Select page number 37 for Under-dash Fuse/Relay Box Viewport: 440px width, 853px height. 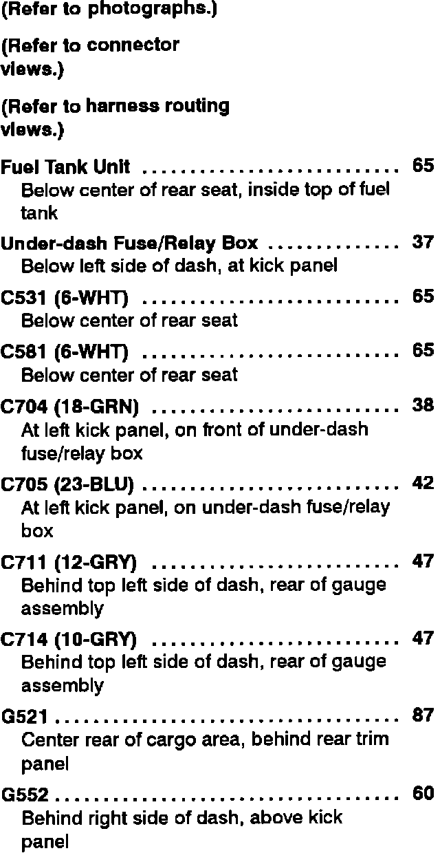click(x=422, y=242)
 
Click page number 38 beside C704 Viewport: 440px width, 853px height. click(x=422, y=406)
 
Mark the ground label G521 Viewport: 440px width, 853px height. click(x=25, y=717)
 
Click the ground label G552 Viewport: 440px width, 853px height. click(x=25, y=795)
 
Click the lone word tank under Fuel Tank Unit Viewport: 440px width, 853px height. click(x=39, y=213)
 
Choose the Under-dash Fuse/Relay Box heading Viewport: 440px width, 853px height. click(x=129, y=244)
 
